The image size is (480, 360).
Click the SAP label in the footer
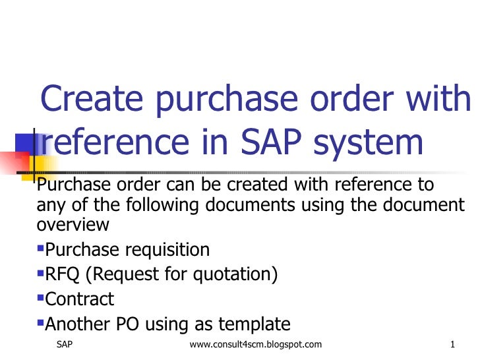pyautogui.click(x=65, y=345)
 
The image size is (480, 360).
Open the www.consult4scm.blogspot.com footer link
pyautogui.click(x=255, y=345)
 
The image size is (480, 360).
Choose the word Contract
pyautogui.click(x=79, y=299)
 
